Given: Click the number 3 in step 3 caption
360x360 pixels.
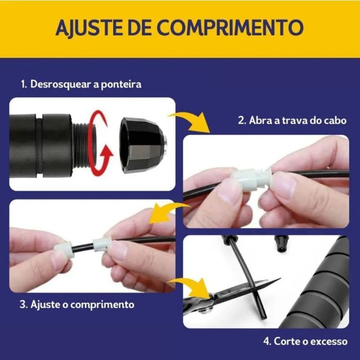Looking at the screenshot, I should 22,305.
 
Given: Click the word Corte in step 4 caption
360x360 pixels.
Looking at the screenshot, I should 286,342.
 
